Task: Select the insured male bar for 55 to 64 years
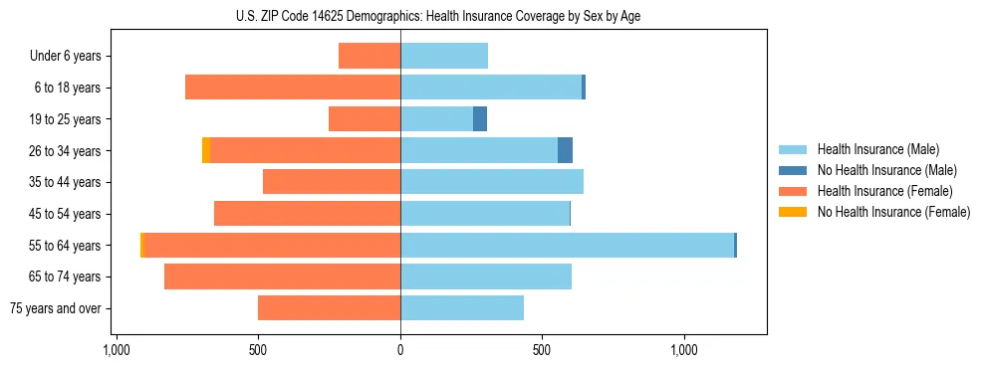(x=567, y=245)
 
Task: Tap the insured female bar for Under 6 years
(x=370, y=56)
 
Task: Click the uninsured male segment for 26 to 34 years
(x=565, y=150)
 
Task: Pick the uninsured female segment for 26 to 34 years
(x=206, y=150)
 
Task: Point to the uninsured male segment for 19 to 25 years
(x=480, y=118)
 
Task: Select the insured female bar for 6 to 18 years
(x=293, y=88)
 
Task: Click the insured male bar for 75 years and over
(x=462, y=308)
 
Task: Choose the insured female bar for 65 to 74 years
(x=282, y=276)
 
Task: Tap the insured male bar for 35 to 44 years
(x=492, y=182)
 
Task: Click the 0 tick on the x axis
(x=400, y=351)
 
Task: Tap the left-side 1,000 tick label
(x=116, y=351)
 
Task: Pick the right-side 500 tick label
(x=542, y=351)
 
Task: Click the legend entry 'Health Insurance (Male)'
(x=877, y=149)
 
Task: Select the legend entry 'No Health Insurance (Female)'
(x=893, y=212)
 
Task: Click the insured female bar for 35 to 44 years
(x=332, y=182)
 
